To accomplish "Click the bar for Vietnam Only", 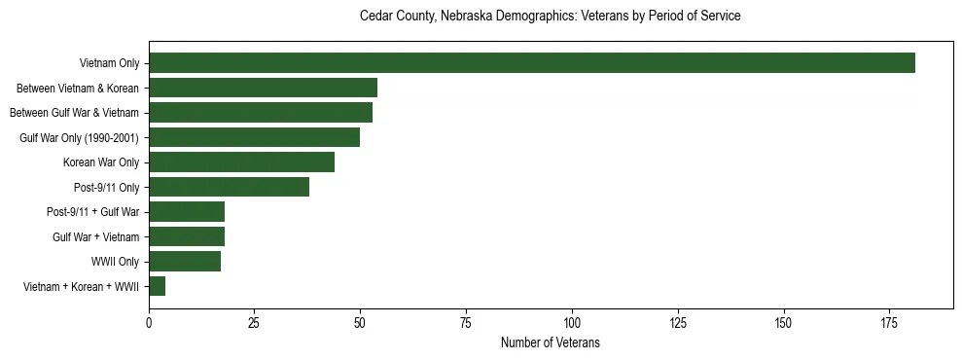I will (532, 63).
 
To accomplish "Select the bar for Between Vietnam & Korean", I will (264, 88).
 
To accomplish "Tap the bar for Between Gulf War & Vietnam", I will (261, 113).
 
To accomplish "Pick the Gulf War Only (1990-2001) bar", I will (255, 137).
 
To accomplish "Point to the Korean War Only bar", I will (242, 162).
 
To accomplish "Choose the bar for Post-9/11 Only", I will (230, 187).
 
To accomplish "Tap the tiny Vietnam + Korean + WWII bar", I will (158, 286).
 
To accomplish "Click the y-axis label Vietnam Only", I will (109, 64).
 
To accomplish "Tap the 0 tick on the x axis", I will (149, 323).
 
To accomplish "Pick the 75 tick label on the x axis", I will (466, 323).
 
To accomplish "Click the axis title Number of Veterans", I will (551, 342).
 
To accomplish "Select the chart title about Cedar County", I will (551, 17).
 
